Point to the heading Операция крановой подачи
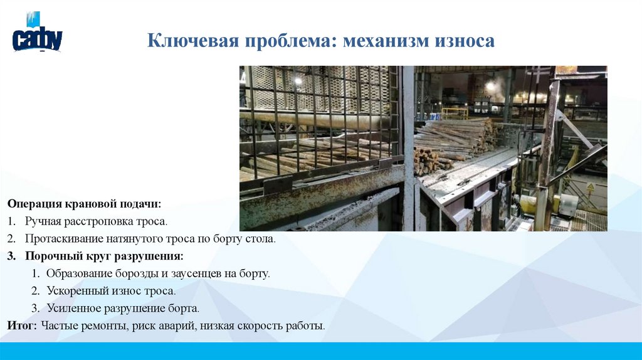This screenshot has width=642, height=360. (x=85, y=204)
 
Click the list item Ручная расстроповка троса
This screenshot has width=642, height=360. (x=97, y=222)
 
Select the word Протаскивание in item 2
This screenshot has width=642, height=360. (x=60, y=240)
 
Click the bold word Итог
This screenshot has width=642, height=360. (x=23, y=326)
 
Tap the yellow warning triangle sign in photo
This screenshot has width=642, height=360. (x=590, y=186)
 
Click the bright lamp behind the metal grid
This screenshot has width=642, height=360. (x=298, y=81)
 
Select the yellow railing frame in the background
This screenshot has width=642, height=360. (x=455, y=113)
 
